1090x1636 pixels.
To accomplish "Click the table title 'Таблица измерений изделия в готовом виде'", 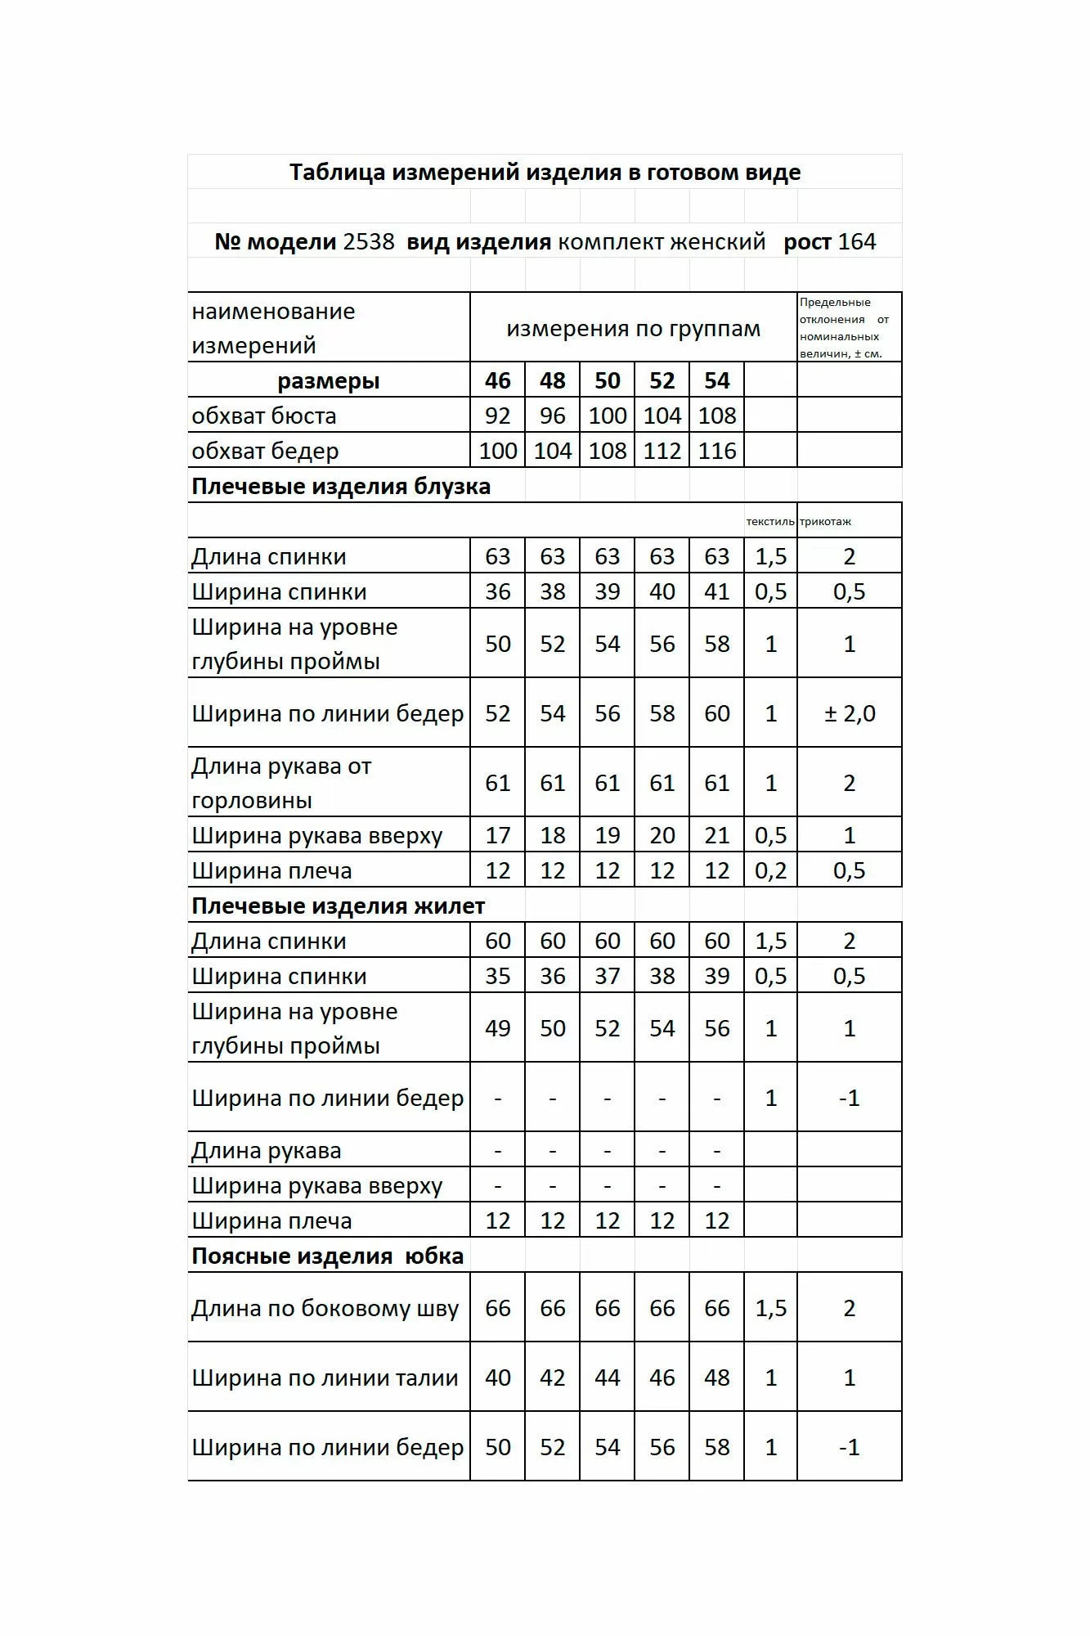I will pyautogui.click(x=545, y=173).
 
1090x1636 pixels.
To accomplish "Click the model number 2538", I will pyautogui.click(x=369, y=242).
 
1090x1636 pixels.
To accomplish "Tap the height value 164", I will pyautogui.click(x=856, y=242).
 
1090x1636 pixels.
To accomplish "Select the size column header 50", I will pyautogui.click(x=607, y=380).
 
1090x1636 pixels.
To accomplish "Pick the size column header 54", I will pyautogui.click(x=716, y=380).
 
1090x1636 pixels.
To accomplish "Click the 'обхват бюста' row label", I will pyautogui.click(x=264, y=416).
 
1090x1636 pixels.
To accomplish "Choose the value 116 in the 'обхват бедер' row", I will pyautogui.click(x=716, y=451).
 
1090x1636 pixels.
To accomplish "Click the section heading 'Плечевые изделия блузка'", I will pyautogui.click(x=341, y=487).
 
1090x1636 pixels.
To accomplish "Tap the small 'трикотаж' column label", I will pyautogui.click(x=825, y=522).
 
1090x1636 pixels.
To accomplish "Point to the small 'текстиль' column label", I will pyautogui.click(x=769, y=522).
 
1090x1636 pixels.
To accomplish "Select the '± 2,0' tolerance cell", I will pyautogui.click(x=849, y=713).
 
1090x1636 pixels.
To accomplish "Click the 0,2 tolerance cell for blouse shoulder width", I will pyautogui.click(x=770, y=870).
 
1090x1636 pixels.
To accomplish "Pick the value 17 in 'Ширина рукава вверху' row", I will pyautogui.click(x=497, y=835).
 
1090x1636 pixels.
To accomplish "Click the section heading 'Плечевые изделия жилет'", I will pyautogui.click(x=338, y=906).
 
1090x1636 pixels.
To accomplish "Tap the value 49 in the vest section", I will pyautogui.click(x=497, y=1028).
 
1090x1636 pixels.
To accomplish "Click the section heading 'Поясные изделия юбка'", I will pyautogui.click(x=327, y=1256).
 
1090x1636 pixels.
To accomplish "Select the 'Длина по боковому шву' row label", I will pyautogui.click(x=325, y=1309).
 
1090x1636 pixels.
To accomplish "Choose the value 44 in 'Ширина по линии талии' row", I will pyautogui.click(x=607, y=1378).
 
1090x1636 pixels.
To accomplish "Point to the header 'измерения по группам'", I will pyautogui.click(x=633, y=329).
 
